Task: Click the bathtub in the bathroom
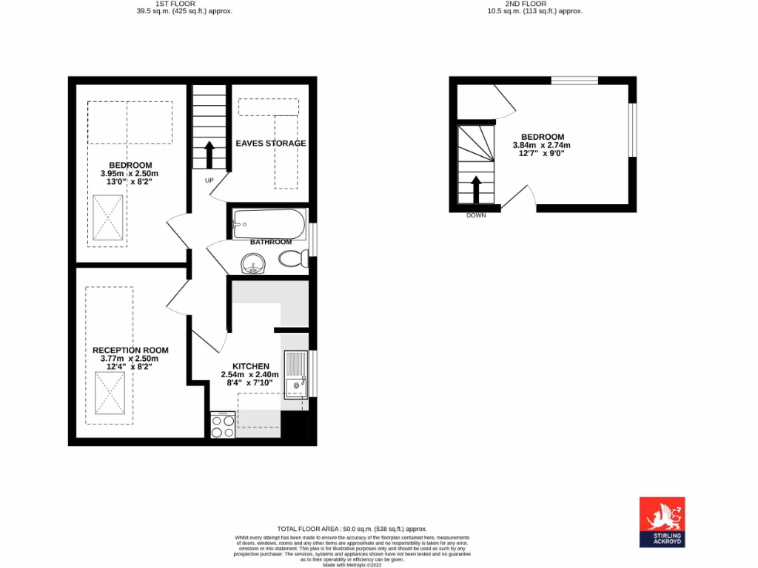click(x=269, y=223)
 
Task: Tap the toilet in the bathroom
click(x=294, y=259)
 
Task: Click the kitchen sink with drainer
click(x=295, y=373)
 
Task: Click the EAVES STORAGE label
click(x=270, y=143)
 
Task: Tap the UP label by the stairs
click(x=209, y=180)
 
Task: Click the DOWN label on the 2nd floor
click(x=476, y=215)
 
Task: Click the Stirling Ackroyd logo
click(x=662, y=521)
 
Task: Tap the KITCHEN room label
click(x=251, y=366)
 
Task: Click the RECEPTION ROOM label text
click(x=130, y=350)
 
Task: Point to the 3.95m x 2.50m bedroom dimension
click(x=130, y=173)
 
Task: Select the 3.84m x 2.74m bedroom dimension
click(x=542, y=146)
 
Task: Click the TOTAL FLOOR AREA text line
click(x=352, y=529)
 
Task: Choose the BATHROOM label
click(x=270, y=242)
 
